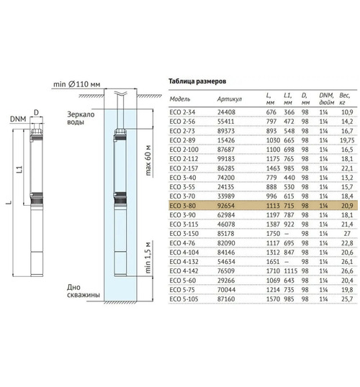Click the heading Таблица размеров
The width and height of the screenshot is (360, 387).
197,81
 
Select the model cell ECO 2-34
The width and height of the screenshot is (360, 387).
182,112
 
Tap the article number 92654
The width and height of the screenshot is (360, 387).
226,206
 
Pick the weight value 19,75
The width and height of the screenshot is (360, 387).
347,140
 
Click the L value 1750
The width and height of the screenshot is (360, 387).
273,234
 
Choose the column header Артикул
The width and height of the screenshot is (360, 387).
230,99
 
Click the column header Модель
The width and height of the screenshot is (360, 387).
180,99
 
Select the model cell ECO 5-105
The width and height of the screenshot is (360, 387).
184,299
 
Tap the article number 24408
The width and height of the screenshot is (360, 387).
226,112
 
